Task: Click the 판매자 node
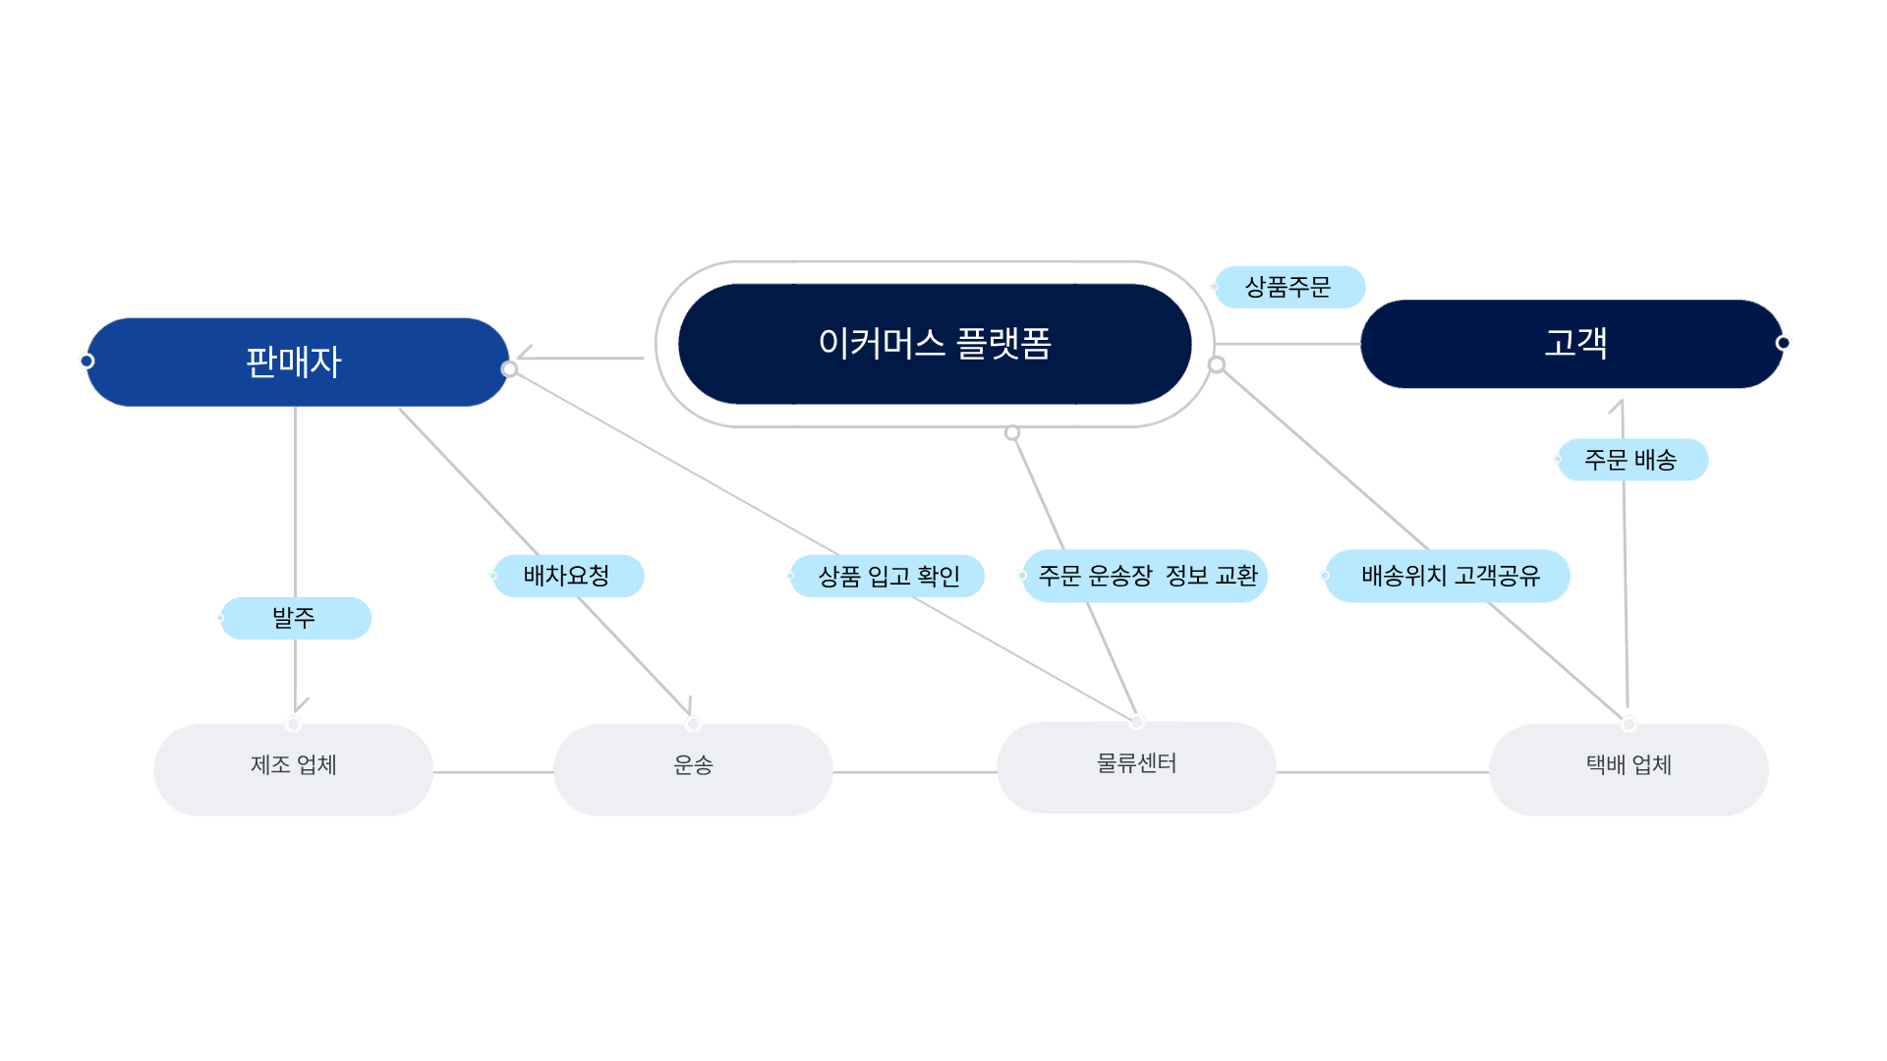point(297,362)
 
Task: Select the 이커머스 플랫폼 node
point(935,344)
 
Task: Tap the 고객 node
point(1572,344)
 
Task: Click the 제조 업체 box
point(293,770)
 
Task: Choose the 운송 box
point(693,770)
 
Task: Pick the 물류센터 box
point(1136,767)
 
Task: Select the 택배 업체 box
point(1629,770)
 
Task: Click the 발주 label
point(296,618)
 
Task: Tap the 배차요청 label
point(569,576)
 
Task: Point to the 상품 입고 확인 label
point(887,576)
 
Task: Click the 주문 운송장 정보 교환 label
point(1145,576)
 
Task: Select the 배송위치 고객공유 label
point(1448,576)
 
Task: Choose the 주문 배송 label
point(1632,460)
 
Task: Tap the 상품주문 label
point(1289,287)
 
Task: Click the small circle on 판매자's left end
point(86,362)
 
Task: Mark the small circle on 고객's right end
point(1783,343)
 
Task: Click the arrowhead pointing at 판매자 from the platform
point(524,354)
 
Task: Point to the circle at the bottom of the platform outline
point(1012,433)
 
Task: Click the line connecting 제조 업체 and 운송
point(493,772)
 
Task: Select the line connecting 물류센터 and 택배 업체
point(1383,772)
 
